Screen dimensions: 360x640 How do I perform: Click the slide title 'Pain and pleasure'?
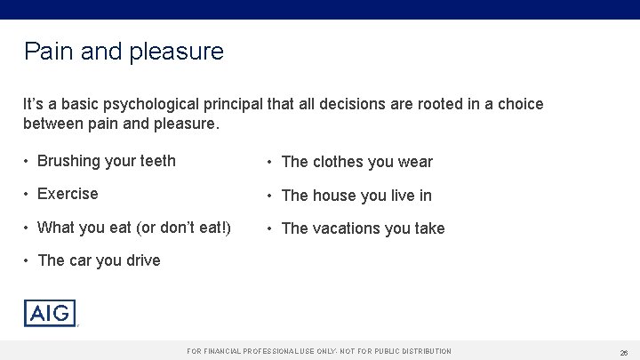click(124, 52)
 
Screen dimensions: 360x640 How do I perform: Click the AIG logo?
click(50, 313)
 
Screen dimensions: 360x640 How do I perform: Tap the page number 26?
click(622, 352)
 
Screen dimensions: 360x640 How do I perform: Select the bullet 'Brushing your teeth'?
click(107, 162)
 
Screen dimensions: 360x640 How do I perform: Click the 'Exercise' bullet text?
click(68, 194)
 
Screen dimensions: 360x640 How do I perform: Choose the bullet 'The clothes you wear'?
click(356, 162)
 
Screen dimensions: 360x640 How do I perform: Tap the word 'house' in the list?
click(336, 196)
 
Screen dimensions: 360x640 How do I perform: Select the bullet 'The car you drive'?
click(100, 260)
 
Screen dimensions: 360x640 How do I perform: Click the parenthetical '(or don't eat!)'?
click(184, 228)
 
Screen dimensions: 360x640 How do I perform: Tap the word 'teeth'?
click(156, 162)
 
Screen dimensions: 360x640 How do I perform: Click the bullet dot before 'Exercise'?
click(28, 194)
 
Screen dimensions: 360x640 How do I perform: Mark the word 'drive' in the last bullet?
click(142, 260)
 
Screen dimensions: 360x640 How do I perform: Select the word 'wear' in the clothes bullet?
click(416, 162)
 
